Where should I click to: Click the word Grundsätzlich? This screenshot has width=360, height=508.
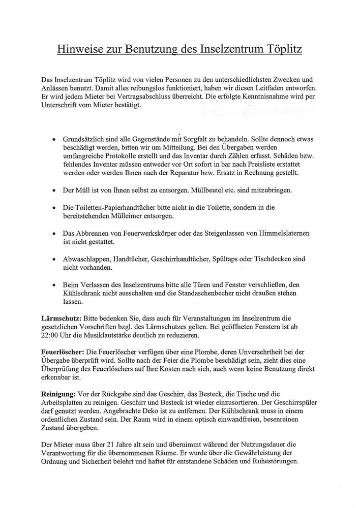point(87,138)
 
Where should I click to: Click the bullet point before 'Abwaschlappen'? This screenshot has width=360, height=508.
point(54,259)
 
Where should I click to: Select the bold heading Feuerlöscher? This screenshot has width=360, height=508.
point(63,352)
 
